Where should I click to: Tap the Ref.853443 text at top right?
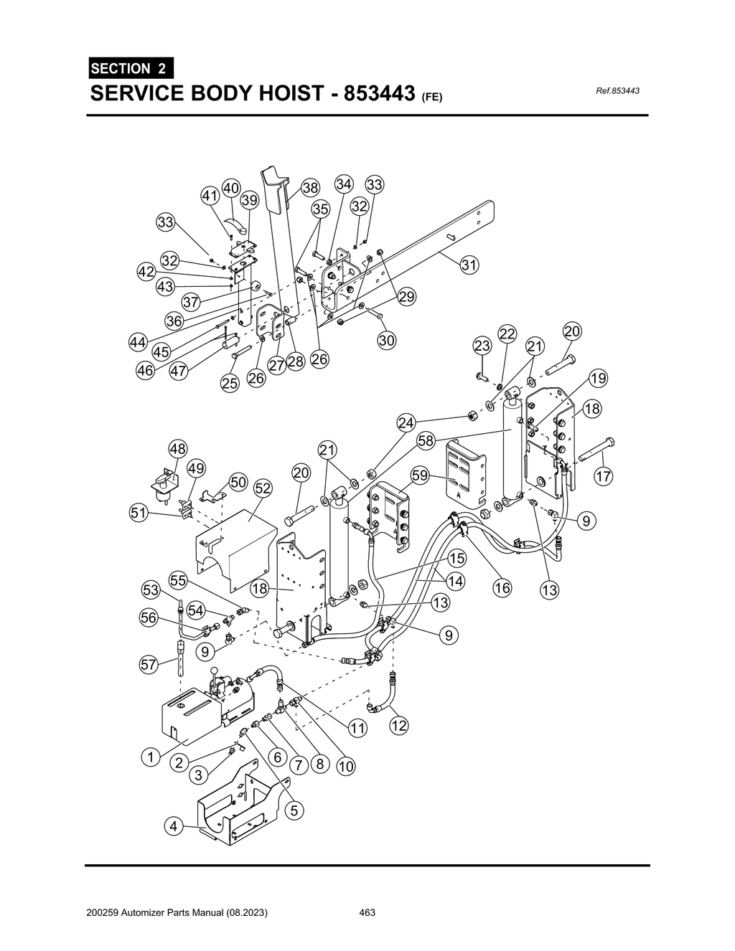[x=617, y=91]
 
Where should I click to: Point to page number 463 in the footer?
[x=367, y=913]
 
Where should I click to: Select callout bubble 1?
[x=150, y=757]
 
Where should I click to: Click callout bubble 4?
[x=172, y=827]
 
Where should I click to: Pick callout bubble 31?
[x=469, y=265]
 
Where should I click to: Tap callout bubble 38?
[x=309, y=189]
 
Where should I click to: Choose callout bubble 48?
[x=177, y=450]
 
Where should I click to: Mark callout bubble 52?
[x=263, y=488]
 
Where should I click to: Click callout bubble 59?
[x=420, y=475]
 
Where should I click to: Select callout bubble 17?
[x=604, y=476]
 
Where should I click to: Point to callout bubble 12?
[x=398, y=726]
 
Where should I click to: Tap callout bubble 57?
[x=149, y=665]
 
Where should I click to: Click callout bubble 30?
[x=387, y=341]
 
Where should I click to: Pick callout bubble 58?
[x=426, y=440]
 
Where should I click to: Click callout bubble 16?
[x=502, y=588]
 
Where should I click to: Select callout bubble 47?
[x=179, y=371]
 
